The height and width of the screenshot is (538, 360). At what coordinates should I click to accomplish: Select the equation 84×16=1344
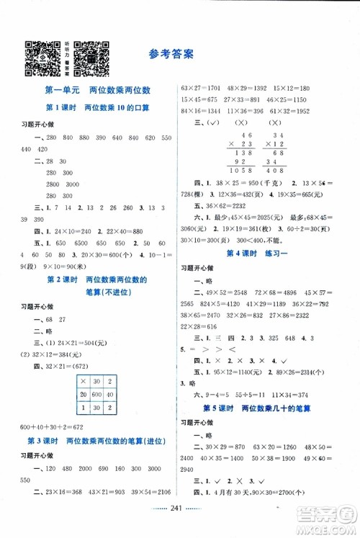(x=203, y=112)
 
